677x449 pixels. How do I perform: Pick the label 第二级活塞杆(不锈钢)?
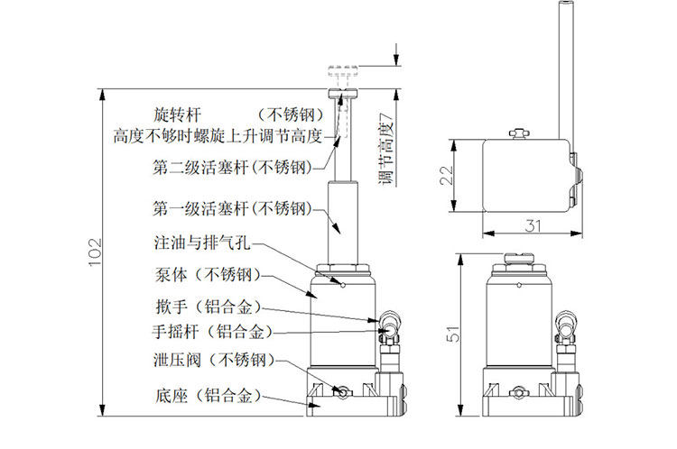(230, 167)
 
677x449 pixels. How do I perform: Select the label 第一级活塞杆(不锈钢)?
(230, 209)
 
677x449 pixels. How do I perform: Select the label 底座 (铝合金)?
(208, 396)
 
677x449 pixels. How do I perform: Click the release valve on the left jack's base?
(342, 392)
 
